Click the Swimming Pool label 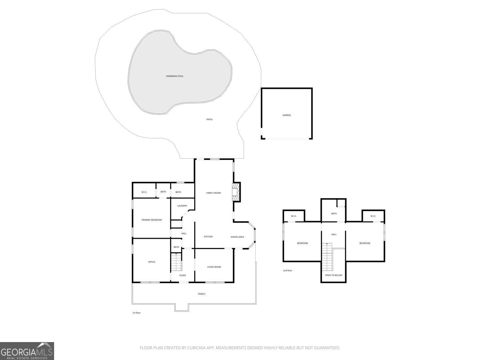click(174, 76)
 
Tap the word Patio click(209, 119)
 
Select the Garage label click(286, 115)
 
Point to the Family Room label click(213, 193)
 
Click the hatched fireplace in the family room click(236, 192)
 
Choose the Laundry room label click(182, 206)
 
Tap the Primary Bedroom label click(152, 220)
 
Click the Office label click(152, 262)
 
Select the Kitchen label click(208, 236)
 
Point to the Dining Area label click(237, 237)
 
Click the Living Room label click(214, 267)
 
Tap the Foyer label click(182, 276)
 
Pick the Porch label click(201, 294)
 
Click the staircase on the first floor click(176, 262)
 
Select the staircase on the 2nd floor click(327, 257)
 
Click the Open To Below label click(333, 275)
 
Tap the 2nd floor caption click(287, 271)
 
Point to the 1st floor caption click(136, 313)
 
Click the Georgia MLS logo click(27, 351)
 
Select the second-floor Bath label click(334, 213)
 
